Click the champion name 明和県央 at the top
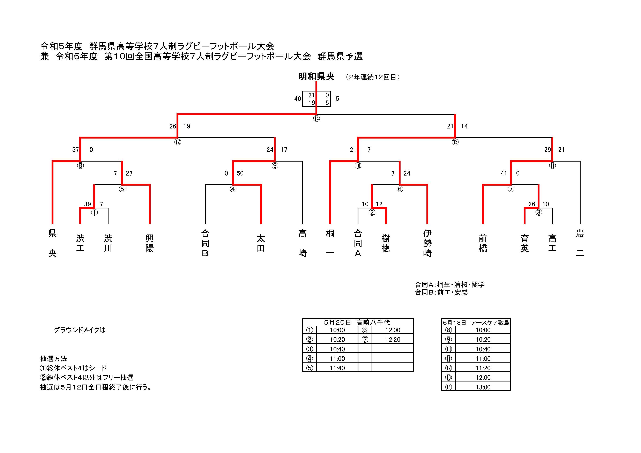(x=316, y=76)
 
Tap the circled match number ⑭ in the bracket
(x=316, y=118)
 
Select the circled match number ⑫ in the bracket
(x=178, y=142)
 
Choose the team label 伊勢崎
(x=427, y=243)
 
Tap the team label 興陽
(x=150, y=243)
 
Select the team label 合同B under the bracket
(x=205, y=243)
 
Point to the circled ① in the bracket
(x=94, y=213)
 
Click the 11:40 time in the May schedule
(x=337, y=368)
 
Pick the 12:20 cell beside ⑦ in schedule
(x=393, y=340)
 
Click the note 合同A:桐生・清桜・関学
(x=449, y=285)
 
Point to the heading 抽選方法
(x=54, y=359)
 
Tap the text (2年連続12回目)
(x=373, y=77)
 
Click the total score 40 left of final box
(x=298, y=99)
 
